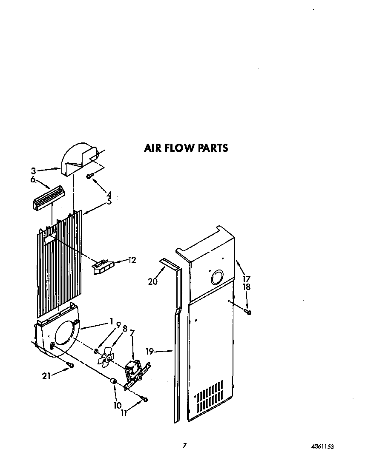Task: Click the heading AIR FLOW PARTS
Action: click(186, 148)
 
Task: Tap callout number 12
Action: click(132, 260)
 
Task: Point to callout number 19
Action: click(149, 351)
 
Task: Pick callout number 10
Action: click(118, 405)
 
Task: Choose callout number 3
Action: click(33, 171)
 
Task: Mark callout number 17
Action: click(246, 279)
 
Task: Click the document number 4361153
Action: click(322, 446)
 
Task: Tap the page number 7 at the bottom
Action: click(184, 445)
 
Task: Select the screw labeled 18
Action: click(249, 312)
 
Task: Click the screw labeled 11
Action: click(145, 398)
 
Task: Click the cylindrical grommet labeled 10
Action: click(114, 381)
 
